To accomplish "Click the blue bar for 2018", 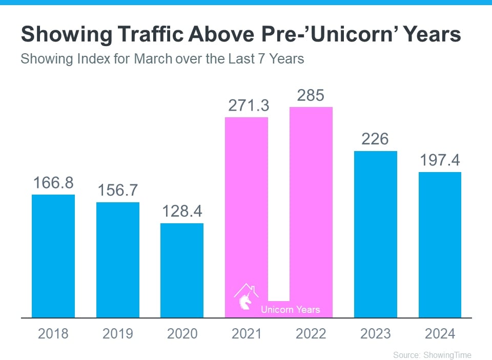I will (x=53, y=256).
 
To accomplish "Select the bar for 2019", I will (x=117, y=260).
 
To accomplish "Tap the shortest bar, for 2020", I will (x=182, y=270).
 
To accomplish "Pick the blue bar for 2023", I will (x=376, y=234).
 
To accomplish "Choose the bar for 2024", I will (x=440, y=245).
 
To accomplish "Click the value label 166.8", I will (x=53, y=183).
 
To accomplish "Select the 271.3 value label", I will (x=247, y=106).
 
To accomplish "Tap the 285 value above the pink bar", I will (x=311, y=96).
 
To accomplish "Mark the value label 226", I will (x=376, y=139).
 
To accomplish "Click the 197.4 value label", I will (x=440, y=160).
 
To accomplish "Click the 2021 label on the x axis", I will (x=247, y=334).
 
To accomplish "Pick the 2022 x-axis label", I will (x=311, y=334).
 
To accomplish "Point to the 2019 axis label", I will (x=117, y=334).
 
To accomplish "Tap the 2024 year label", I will (x=440, y=334).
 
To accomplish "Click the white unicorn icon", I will (x=245, y=300).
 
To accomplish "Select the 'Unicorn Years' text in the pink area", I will (x=290, y=309).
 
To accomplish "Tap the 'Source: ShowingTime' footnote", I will (x=432, y=354).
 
